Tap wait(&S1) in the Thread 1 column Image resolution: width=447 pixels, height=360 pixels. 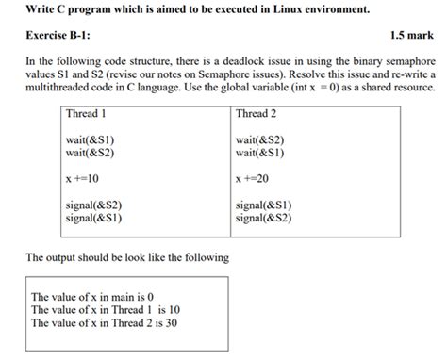[x=91, y=140]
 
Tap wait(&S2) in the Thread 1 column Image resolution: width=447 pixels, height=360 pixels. [x=91, y=152]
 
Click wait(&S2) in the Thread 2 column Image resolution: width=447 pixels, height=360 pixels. [x=261, y=140]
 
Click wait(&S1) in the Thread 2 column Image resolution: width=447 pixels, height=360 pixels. [x=261, y=152]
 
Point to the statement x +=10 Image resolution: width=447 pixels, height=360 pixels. [x=84, y=177]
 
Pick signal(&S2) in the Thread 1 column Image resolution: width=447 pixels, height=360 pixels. [x=94, y=205]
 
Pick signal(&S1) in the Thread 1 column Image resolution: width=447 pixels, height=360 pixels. [x=94, y=216]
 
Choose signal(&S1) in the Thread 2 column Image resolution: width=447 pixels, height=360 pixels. [x=265, y=205]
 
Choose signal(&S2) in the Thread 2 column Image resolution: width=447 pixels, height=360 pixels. [x=265, y=216]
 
